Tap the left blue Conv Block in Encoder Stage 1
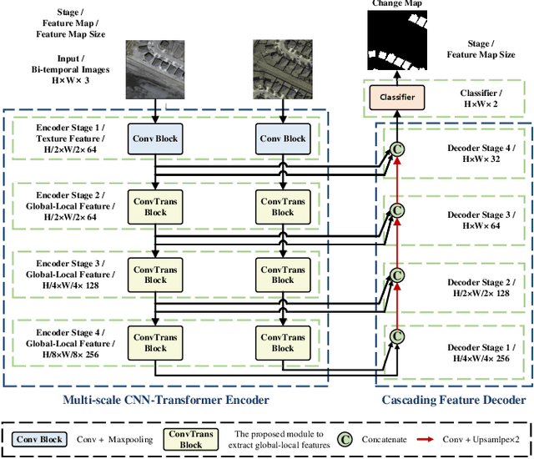[155, 139]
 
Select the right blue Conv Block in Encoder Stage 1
[283, 139]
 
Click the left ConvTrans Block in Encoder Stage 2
[155, 206]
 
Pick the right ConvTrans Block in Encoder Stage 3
[283, 275]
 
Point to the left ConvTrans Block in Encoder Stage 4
[155, 342]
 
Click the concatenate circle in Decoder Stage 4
[398, 151]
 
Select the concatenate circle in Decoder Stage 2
[398, 275]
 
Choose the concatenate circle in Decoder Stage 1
[398, 335]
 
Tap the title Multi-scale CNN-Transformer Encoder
[167, 400]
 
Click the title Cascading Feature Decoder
[454, 400]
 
